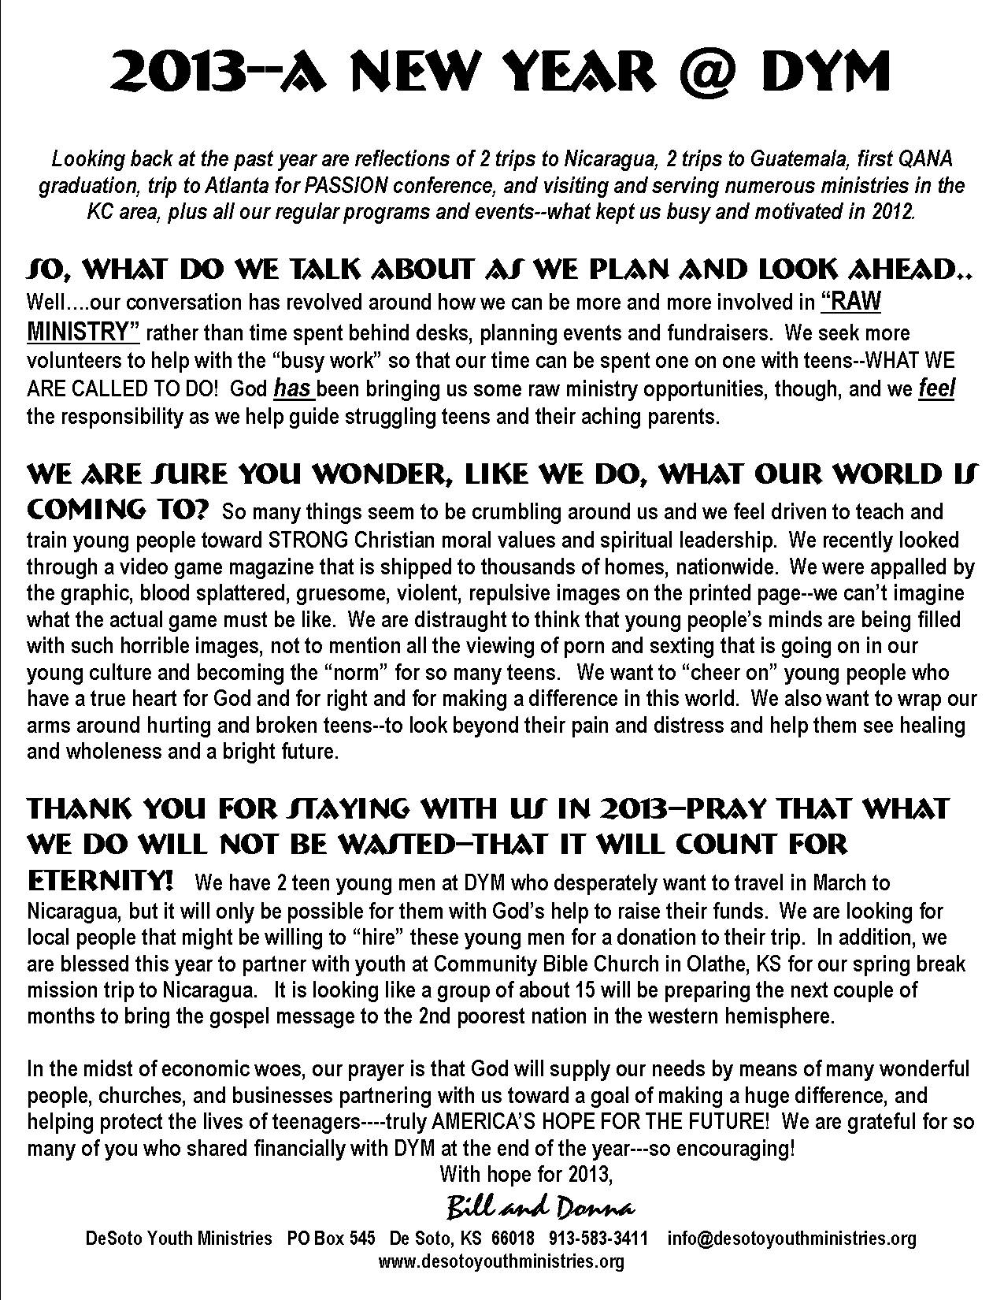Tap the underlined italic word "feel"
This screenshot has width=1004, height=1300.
pyautogui.click(x=936, y=388)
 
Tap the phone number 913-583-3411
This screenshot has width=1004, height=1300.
pyautogui.click(x=598, y=1239)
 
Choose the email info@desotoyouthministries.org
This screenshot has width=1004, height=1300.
pyautogui.click(x=791, y=1239)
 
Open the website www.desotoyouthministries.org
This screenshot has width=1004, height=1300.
pyautogui.click(x=502, y=1261)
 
